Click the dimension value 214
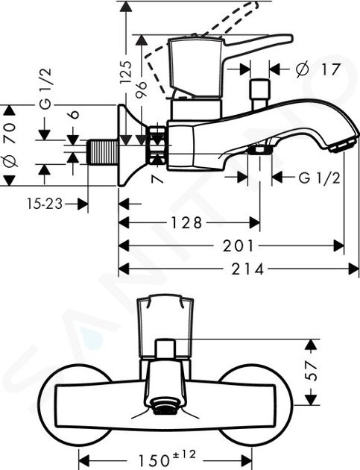pos(247,269)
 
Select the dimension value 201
pos(239,245)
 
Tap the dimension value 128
pos(186,223)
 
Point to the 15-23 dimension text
pos(45,204)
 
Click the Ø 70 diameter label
pos(10,145)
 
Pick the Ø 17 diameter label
pos(318,69)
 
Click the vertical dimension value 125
pos(125,72)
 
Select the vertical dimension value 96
pos(141,89)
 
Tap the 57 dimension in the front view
pos(312,371)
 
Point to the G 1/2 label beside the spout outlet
pos(319,178)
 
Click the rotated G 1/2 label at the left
pos(45,88)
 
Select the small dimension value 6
pos(75,114)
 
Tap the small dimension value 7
pos(158,179)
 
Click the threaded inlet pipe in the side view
pos(102,152)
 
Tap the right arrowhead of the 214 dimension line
pos(354,269)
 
